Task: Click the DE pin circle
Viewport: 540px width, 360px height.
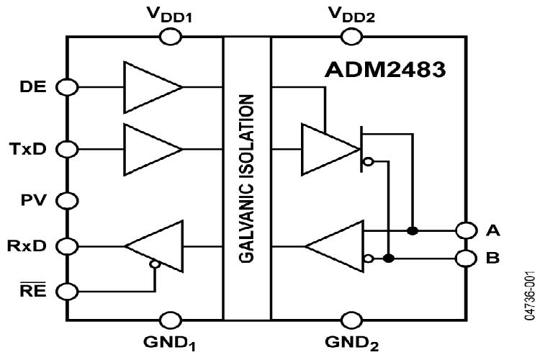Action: pos(68,87)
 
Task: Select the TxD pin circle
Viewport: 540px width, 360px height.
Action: pos(68,149)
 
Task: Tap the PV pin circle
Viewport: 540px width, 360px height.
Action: pos(68,199)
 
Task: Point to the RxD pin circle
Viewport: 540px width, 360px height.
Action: pos(68,246)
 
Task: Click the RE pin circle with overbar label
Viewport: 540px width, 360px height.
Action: pos(68,292)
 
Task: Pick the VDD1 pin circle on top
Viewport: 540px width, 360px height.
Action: pos(170,35)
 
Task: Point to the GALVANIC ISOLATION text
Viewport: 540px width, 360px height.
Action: pos(247,176)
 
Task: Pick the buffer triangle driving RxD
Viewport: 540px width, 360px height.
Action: pos(154,246)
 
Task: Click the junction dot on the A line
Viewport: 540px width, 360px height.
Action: pos(413,230)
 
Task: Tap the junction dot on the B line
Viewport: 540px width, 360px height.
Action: pos(389,257)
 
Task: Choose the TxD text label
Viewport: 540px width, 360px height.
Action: pos(31,149)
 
